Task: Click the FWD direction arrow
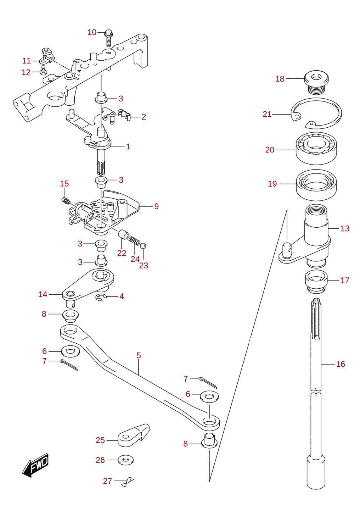pos(35,466)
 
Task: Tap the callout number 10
pos(92,33)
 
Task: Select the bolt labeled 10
pos(109,38)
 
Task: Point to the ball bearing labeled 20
pos(316,149)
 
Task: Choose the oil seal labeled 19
pos(316,185)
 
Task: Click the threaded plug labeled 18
pos(316,82)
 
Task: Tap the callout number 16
pos(341,364)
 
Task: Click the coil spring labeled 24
pos(134,241)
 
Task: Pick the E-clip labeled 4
pos(101,298)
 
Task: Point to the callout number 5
pos(138,355)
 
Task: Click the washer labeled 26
pos(125,460)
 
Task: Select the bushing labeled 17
pos(316,282)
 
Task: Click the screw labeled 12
pos(43,70)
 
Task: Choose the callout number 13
pos(345,228)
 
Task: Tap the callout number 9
pos(157,206)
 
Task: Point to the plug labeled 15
pos(66,200)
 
